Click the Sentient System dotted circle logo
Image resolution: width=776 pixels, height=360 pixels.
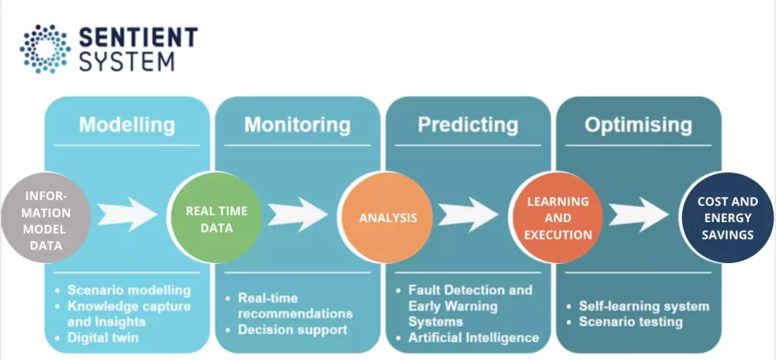pos(45,48)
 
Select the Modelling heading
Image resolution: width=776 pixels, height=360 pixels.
pos(127,124)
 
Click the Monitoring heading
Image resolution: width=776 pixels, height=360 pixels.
pos(297,124)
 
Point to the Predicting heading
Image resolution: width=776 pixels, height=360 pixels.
pos(468,124)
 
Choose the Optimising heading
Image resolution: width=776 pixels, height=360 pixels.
pos(638,124)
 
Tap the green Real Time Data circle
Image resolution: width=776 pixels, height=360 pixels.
pos(217,218)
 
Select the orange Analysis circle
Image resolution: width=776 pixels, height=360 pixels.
pos(387,218)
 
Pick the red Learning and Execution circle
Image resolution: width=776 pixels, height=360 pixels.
pos(558,218)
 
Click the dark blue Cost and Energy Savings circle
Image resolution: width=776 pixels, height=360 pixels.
pos(727,218)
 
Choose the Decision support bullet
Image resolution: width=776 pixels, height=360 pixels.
pos(293,330)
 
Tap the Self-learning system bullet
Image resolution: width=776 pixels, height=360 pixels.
pos(644,306)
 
